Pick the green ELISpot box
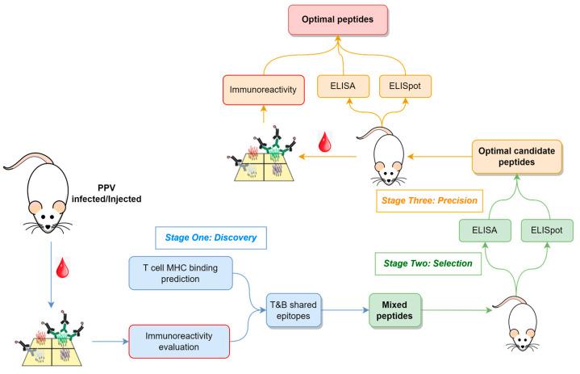coord(540,229)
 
